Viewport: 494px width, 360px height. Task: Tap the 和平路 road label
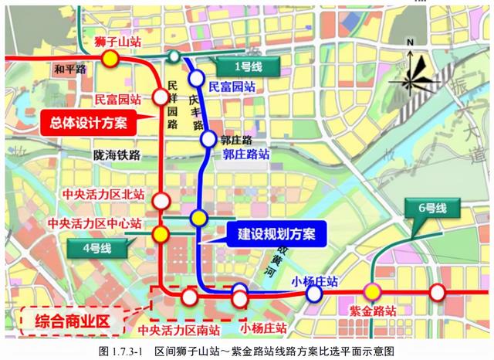pyautogui.click(x=70, y=70)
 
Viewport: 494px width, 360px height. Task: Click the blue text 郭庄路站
pyautogui.click(x=246, y=154)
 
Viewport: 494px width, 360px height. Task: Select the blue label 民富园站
pyautogui.click(x=232, y=87)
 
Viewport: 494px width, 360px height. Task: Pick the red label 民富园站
pyautogui.click(x=118, y=100)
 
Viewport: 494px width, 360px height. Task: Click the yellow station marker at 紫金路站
pyautogui.click(x=373, y=292)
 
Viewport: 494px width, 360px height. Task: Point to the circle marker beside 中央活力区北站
pyautogui.click(x=161, y=201)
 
